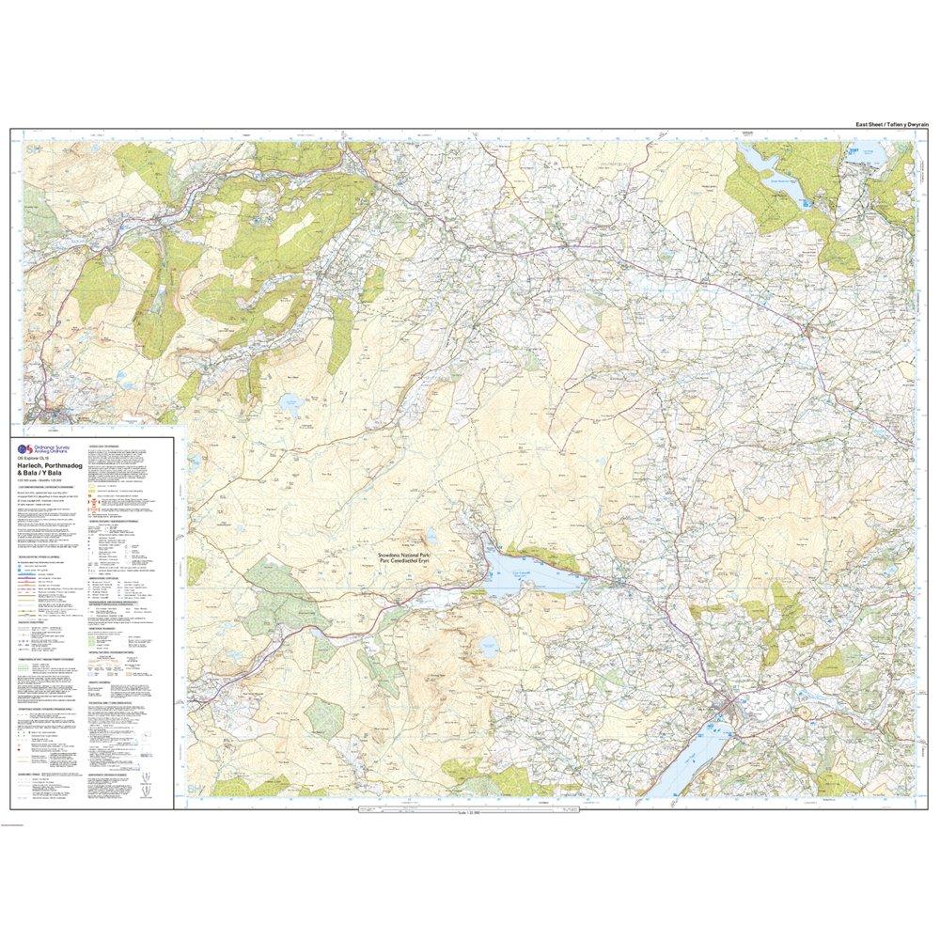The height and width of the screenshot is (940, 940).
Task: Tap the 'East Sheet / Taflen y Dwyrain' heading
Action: tap(880, 125)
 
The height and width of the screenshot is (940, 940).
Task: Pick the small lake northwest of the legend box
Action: tap(287, 404)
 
